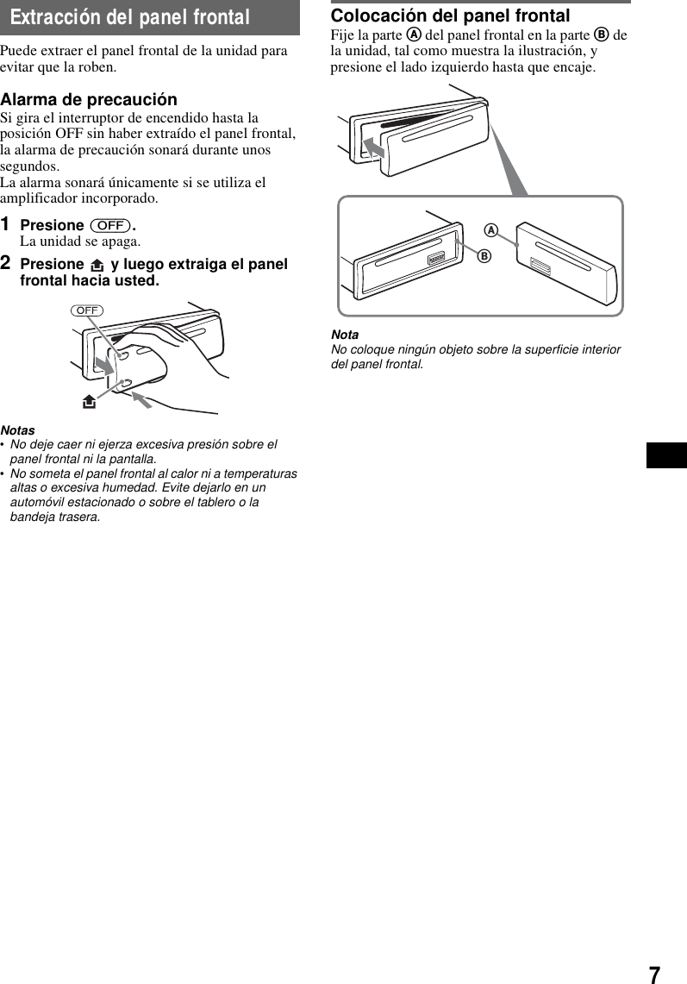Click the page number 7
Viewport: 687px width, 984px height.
click(655, 975)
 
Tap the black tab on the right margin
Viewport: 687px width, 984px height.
click(666, 454)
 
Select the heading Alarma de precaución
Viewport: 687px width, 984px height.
click(89, 99)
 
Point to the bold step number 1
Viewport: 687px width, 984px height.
click(6, 224)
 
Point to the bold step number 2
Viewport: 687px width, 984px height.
click(6, 262)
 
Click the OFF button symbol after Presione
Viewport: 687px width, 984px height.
click(110, 225)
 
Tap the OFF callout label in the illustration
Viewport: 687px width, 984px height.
click(87, 310)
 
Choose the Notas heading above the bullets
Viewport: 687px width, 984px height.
click(18, 429)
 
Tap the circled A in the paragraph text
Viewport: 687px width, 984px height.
click(414, 35)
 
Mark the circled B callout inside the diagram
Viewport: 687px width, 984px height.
click(484, 256)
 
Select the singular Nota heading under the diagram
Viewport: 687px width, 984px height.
click(345, 335)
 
